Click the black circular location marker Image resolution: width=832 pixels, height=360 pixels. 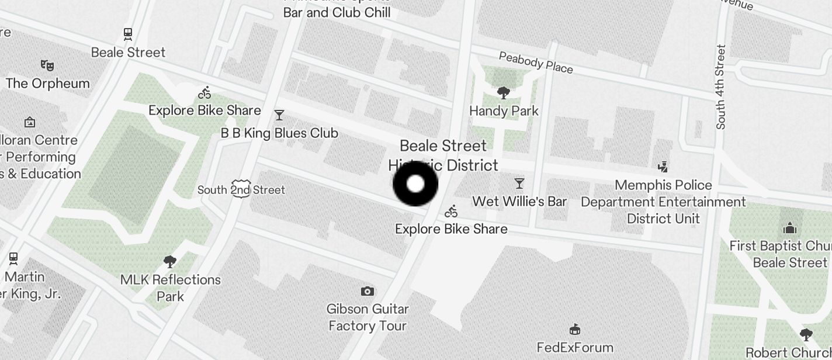coord(415,184)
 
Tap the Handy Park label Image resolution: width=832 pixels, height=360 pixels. coord(504,110)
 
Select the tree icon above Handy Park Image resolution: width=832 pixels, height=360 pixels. coord(503,92)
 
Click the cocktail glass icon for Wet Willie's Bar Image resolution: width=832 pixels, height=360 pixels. coord(519,184)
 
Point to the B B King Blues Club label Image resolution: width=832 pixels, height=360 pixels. coord(279,133)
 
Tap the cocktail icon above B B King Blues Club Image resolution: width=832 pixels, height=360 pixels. coord(279,115)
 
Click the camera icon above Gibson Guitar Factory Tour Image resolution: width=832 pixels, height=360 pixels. coord(367,291)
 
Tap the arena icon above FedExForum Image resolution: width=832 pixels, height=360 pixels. coord(575,330)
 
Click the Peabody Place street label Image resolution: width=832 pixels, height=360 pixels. coord(536,63)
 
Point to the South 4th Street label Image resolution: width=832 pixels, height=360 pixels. coord(721,86)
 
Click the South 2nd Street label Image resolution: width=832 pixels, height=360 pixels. coord(241,190)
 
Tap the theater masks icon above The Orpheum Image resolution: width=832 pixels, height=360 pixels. coord(47,64)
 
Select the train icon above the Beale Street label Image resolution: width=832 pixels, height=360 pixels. coord(128,34)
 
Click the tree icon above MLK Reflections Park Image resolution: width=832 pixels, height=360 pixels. coord(170,261)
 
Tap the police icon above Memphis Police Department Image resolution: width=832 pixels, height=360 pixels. coord(663,167)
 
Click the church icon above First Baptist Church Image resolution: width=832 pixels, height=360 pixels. coord(790,228)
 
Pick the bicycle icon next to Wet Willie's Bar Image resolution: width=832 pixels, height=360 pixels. coord(451,212)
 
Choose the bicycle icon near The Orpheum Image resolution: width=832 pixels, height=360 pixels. coord(204,92)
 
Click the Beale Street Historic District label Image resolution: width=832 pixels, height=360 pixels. coord(443,155)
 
